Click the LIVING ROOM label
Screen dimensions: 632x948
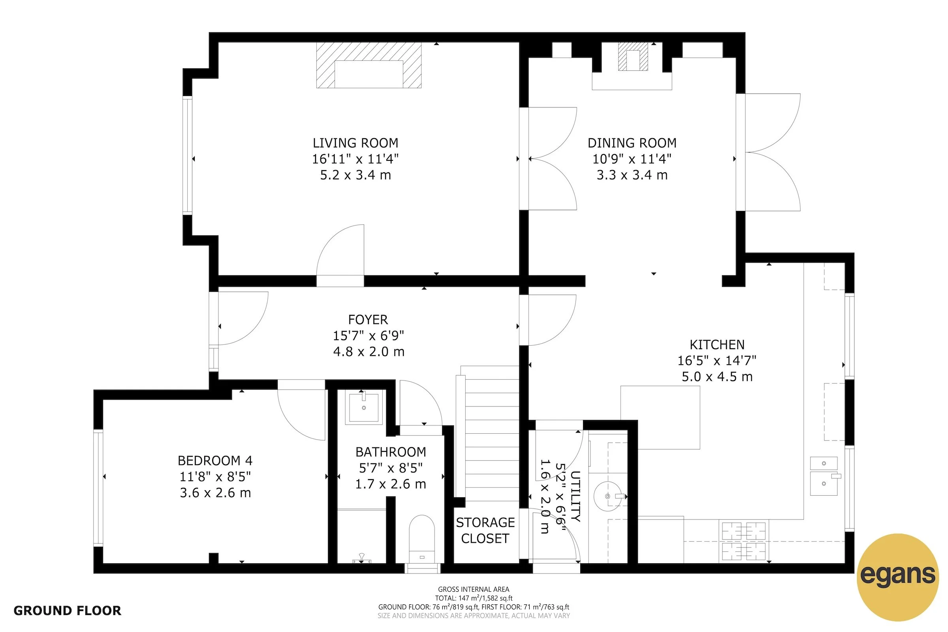(355, 143)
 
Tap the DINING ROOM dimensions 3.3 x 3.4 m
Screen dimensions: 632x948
(632, 175)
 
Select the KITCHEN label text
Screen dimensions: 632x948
(717, 344)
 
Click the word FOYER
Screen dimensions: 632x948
(368, 320)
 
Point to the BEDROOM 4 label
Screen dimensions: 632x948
(215, 460)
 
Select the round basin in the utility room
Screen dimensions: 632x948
(607, 496)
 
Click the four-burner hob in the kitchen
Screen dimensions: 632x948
(743, 541)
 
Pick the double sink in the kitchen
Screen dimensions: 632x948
(824, 476)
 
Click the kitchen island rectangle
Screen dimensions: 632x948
(660, 417)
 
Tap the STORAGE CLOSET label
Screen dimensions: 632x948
(485, 530)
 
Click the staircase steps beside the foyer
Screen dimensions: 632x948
(492, 433)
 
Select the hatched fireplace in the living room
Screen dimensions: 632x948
(369, 65)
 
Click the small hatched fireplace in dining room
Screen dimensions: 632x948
(633, 56)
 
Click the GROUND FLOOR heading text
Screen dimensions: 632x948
(67, 611)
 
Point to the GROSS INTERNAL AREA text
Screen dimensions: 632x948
(473, 589)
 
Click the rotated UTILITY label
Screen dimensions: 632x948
(575, 496)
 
